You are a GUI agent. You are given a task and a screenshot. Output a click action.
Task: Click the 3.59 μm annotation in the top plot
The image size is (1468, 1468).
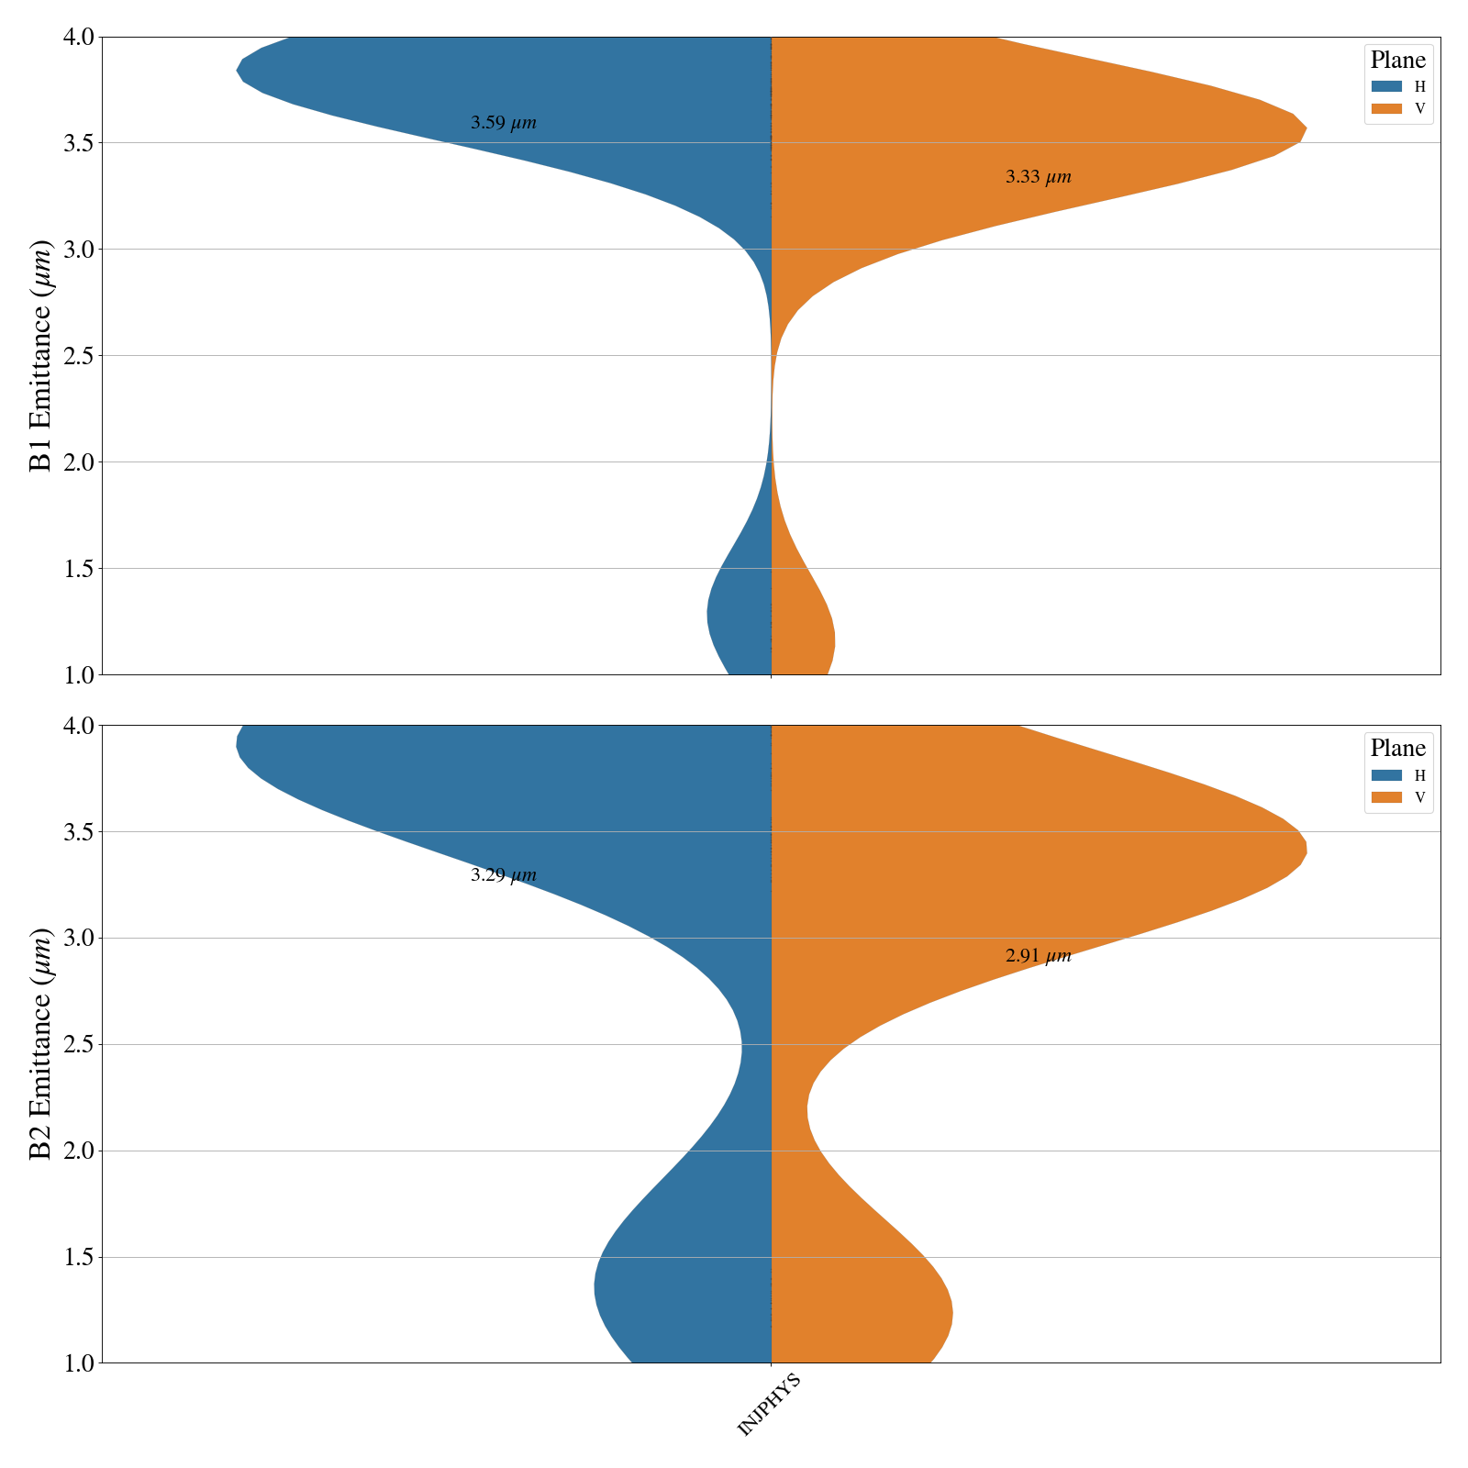pos(503,123)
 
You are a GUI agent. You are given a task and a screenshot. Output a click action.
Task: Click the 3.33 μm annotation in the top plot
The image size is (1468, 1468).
pos(1038,177)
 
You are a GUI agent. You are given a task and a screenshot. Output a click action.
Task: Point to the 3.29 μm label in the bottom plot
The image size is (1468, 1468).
pos(503,875)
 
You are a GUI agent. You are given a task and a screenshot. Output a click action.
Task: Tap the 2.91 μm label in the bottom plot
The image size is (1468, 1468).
pos(1038,956)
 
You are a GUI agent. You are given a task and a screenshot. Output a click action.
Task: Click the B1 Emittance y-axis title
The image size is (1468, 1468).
pos(41,356)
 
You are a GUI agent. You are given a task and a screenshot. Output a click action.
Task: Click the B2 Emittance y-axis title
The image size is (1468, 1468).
pos(41,1044)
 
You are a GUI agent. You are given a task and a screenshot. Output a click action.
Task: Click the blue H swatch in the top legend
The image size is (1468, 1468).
pos(1386,86)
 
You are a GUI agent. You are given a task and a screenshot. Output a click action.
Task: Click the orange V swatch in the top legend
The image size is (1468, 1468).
pos(1386,108)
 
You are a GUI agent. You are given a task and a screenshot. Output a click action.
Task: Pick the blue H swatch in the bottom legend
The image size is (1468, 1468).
pos(1386,774)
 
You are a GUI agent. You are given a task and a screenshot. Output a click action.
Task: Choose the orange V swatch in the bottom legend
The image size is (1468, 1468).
pos(1386,796)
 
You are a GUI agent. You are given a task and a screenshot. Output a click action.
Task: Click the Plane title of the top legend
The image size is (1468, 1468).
pos(1397,61)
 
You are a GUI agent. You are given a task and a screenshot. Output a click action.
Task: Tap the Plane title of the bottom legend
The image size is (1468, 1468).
pos(1397,748)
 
